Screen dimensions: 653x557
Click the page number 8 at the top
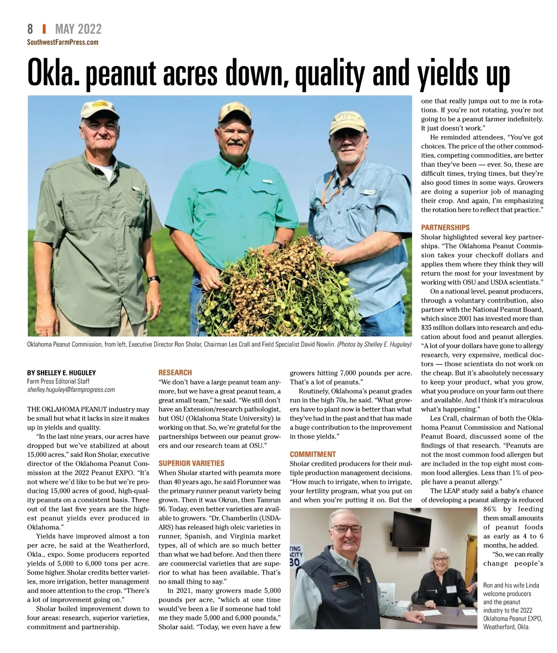click(30, 29)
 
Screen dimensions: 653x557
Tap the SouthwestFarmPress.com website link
click(63, 42)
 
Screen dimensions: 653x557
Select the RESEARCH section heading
click(175, 372)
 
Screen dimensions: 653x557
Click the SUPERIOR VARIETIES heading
click(191, 463)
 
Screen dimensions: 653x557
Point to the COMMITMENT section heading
click(312, 454)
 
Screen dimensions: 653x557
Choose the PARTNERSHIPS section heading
click(445, 227)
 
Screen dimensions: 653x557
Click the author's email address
click(71, 390)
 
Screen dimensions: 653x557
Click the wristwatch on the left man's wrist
click(154, 280)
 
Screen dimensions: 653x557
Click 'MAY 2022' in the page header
click(78, 29)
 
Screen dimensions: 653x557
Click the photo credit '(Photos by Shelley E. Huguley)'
click(374, 344)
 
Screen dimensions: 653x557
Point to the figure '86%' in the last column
click(493, 509)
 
